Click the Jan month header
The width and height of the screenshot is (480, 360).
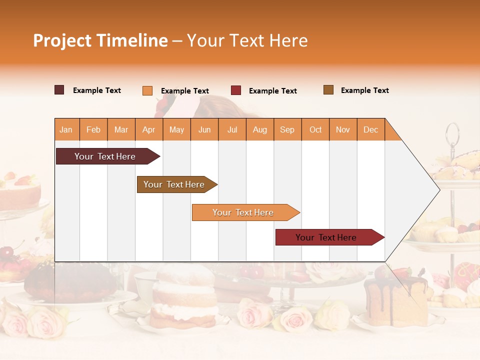66,129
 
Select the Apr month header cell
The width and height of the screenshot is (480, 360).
149,129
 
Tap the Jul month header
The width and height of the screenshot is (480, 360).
232,129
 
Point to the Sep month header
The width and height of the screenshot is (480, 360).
287,129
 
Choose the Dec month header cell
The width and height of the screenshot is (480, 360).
370,129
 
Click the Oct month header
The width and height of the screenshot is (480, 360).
315,129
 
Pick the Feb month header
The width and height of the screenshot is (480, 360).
93,129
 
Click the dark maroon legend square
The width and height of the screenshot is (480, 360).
59,90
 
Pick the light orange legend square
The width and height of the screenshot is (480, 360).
147,90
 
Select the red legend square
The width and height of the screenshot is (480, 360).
236,90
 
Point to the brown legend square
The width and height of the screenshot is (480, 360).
328,90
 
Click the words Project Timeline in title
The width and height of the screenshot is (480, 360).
100,40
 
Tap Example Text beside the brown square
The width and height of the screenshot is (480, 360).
364,90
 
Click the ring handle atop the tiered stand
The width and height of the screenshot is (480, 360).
452,132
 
